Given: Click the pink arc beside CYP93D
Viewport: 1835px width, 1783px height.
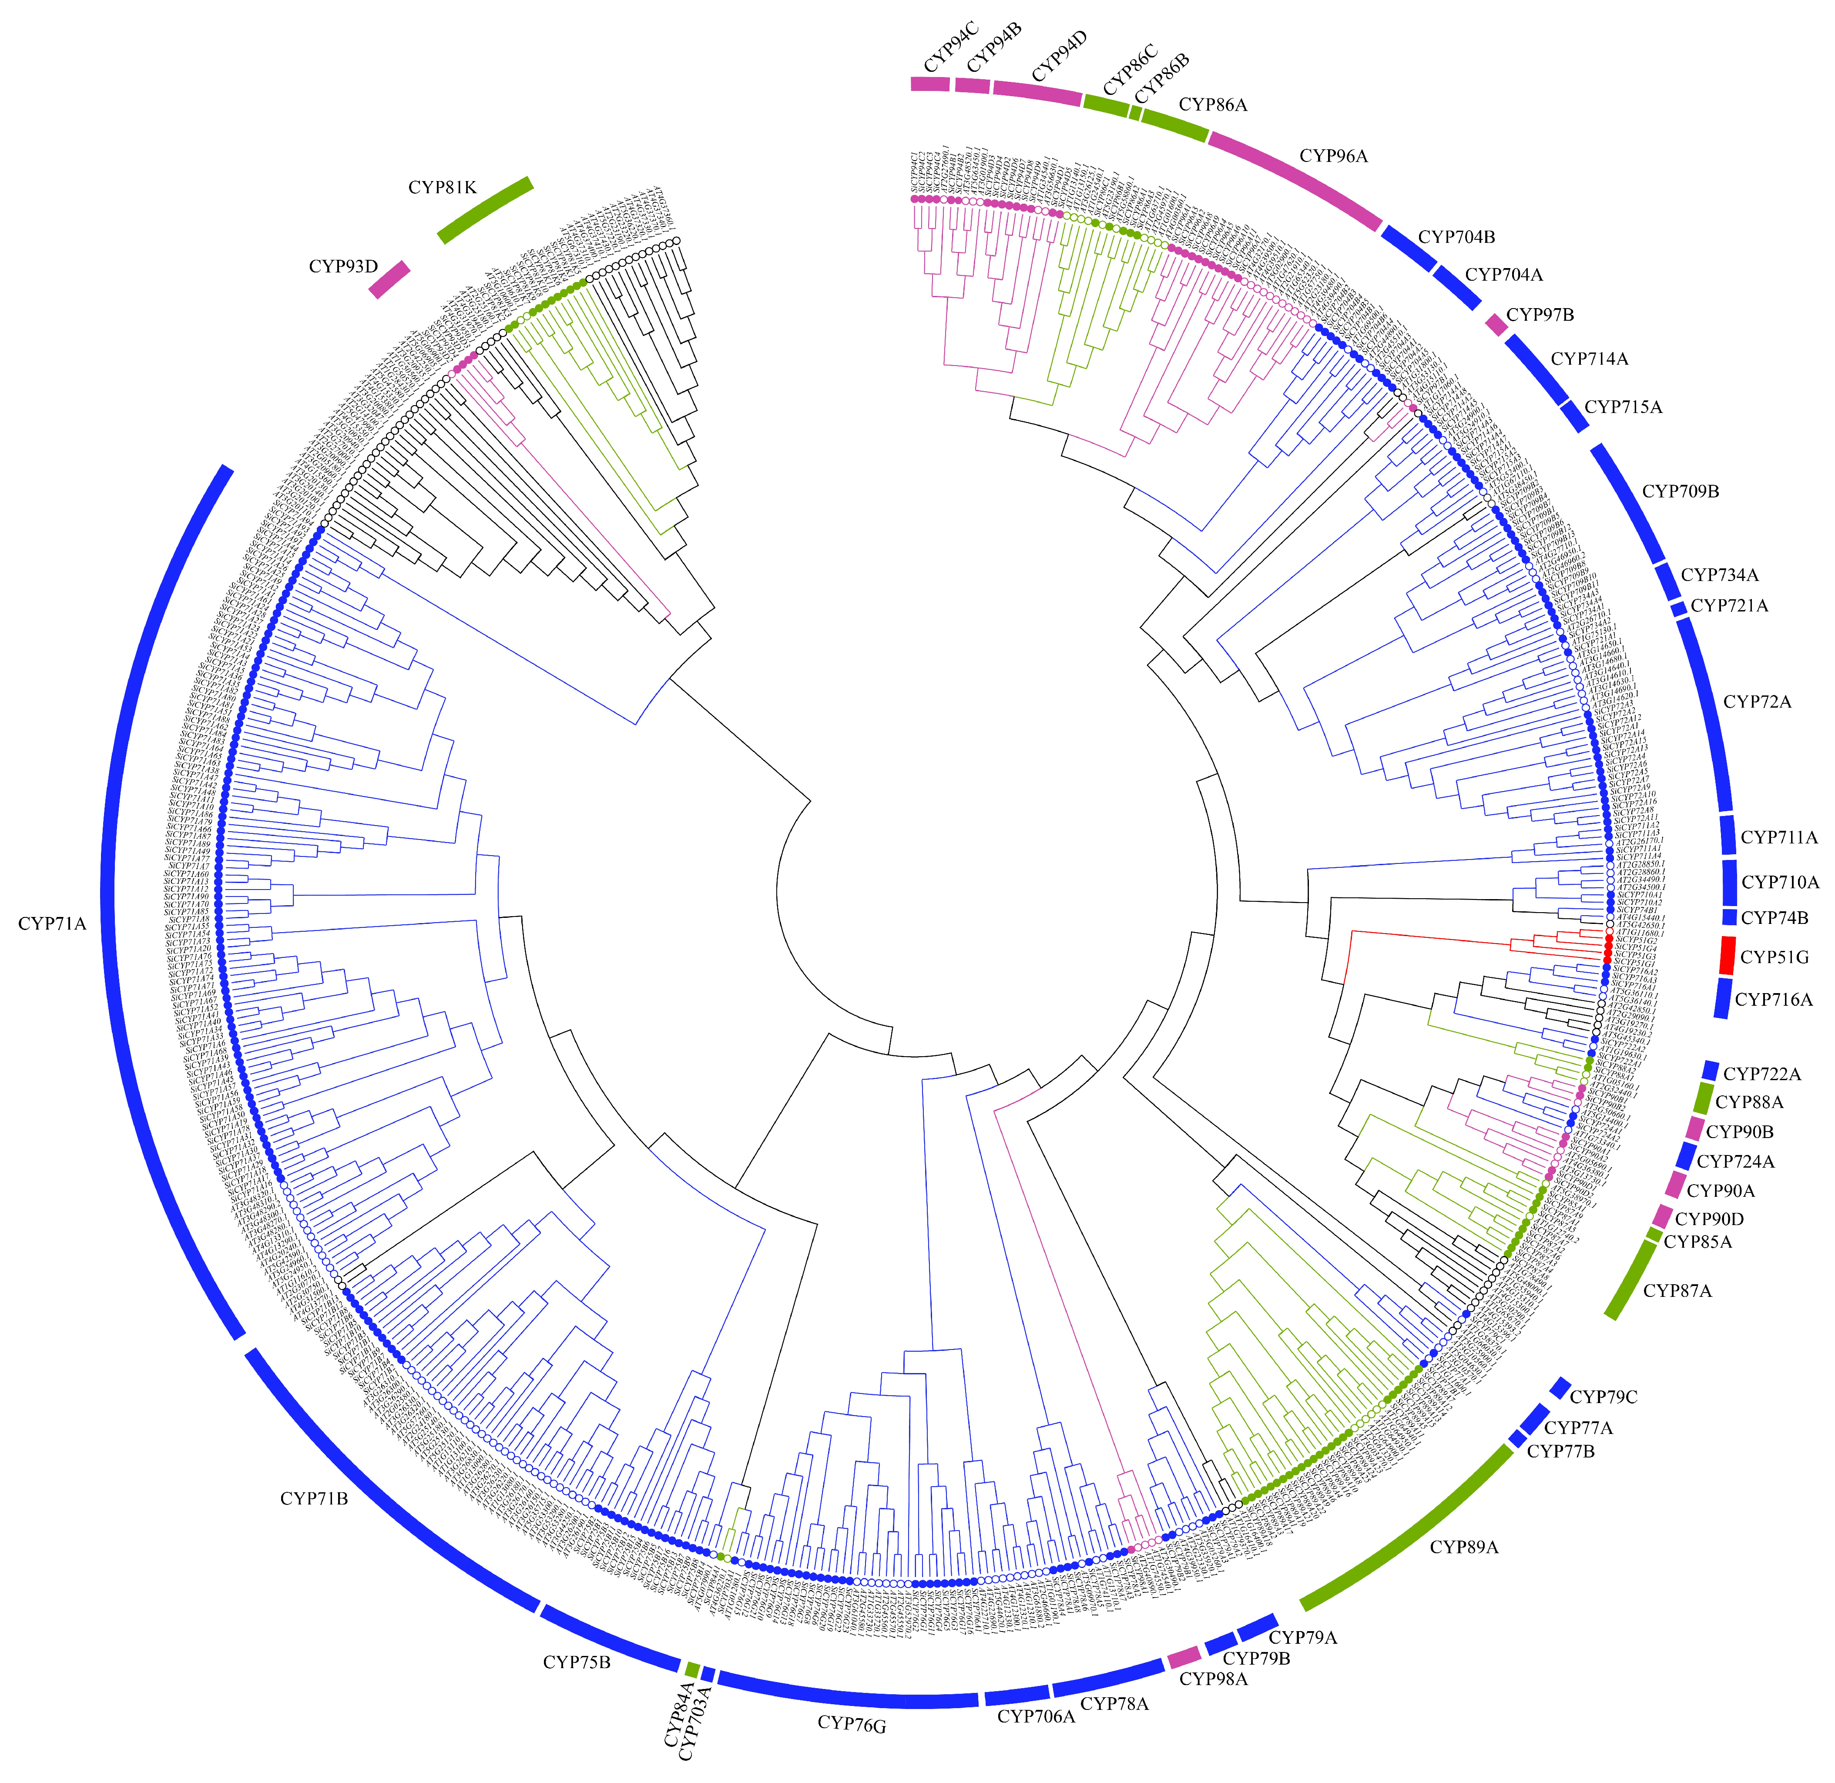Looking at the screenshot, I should coord(389,279).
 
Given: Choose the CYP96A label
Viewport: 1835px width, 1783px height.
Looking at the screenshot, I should coord(1333,156).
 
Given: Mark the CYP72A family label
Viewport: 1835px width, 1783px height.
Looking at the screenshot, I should coord(1757,702).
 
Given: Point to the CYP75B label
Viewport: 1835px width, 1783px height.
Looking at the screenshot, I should coord(577,1662).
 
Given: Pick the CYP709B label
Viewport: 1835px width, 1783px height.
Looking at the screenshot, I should coord(1681,492).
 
